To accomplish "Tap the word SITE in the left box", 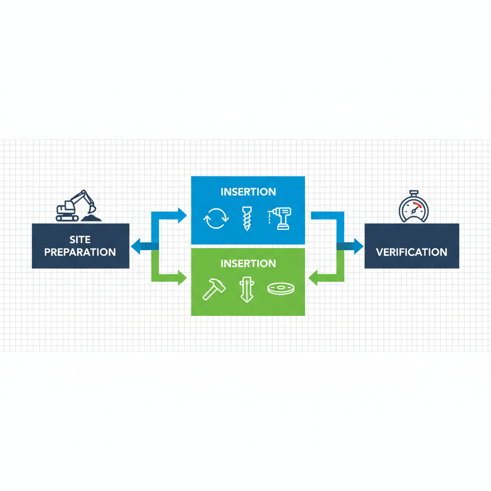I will pos(80,239).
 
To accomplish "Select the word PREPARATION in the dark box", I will pos(80,252).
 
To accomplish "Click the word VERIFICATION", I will pos(412,252).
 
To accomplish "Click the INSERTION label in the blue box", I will pos(248,192).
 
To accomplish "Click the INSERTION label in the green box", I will pos(248,263).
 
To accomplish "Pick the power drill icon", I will pos(280,219).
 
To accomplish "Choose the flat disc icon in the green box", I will pos(281,289).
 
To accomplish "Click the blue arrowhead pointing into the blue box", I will pos(182,215).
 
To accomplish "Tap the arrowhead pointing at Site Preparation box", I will pos(135,246).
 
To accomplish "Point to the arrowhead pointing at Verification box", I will pos(358,246).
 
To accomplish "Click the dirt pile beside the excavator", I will pos(91,218).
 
